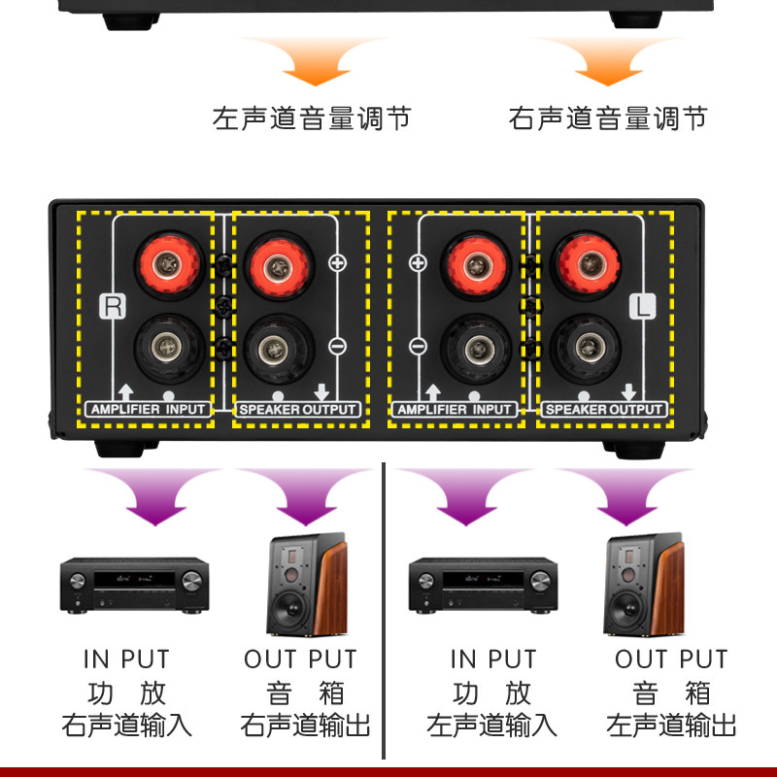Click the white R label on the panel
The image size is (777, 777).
pyautogui.click(x=114, y=307)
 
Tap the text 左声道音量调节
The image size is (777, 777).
pyautogui.click(x=312, y=119)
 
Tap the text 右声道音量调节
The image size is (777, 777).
pyautogui.click(x=608, y=119)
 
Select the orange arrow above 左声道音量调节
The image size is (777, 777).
pyautogui.click(x=312, y=63)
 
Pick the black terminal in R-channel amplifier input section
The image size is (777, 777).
pyautogui.click(x=169, y=346)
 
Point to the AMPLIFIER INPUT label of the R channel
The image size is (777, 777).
pyautogui.click(x=149, y=410)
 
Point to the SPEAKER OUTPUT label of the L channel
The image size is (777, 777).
pyautogui.click(x=604, y=410)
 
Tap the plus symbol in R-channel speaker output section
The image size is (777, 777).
pyautogui.click(x=338, y=262)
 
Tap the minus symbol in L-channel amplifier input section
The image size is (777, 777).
pyautogui.click(x=418, y=346)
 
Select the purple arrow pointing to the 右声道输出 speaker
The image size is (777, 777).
pyautogui.click(x=299, y=495)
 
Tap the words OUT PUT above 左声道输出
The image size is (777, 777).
pyautogui.click(x=671, y=659)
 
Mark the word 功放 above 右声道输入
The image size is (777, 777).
pyautogui.click(x=126, y=693)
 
